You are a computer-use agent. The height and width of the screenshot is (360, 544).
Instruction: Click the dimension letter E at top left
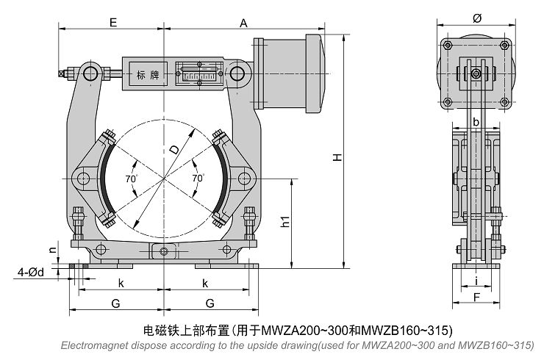[113, 23]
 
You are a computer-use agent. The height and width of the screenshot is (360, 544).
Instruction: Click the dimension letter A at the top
[243, 24]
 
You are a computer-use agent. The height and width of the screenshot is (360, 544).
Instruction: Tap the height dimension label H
[337, 156]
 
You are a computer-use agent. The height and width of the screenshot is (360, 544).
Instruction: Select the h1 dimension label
[284, 222]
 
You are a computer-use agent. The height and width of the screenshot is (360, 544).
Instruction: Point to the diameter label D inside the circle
[174, 149]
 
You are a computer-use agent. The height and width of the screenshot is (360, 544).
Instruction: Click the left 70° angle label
[131, 179]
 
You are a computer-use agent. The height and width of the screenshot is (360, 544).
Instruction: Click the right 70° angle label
[198, 178]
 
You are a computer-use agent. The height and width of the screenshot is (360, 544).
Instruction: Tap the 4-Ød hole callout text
[31, 273]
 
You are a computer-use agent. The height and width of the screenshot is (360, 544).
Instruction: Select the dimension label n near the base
[52, 249]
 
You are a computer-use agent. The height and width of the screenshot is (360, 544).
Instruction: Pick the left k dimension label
[121, 284]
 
